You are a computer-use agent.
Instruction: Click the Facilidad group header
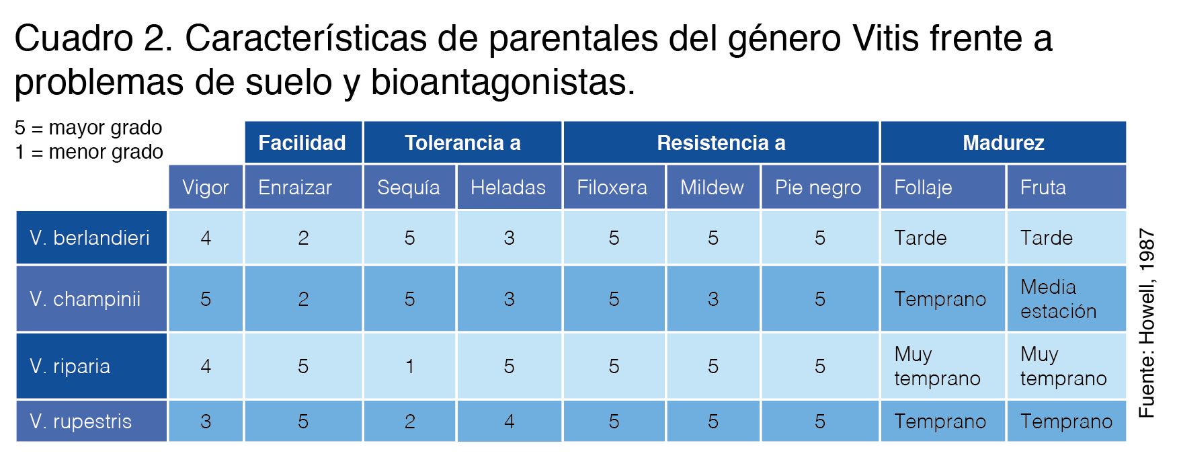pyautogui.click(x=303, y=143)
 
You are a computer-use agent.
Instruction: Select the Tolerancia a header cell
pyautogui.click(x=462, y=143)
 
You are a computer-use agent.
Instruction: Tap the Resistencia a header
pyautogui.click(x=721, y=143)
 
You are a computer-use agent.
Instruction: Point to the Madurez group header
pyautogui.click(x=1004, y=143)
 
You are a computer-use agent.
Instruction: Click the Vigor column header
pyautogui.click(x=206, y=187)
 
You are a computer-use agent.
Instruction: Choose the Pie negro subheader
pyautogui.click(x=820, y=187)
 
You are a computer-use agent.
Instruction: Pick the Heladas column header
pyautogui.click(x=509, y=187)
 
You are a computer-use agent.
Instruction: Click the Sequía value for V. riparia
pyautogui.click(x=409, y=366)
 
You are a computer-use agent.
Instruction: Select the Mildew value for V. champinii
pyautogui.click(x=713, y=299)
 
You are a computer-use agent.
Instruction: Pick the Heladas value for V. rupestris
pyautogui.click(x=509, y=421)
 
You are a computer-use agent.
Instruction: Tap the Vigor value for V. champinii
pyautogui.click(x=206, y=299)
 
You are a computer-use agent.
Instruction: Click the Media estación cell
pyautogui.click(x=1067, y=299)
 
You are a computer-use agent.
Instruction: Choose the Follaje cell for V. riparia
pyautogui.click(x=943, y=366)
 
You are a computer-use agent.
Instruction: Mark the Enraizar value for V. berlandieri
pyautogui.click(x=303, y=237)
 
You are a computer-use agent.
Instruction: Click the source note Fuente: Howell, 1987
pyautogui.click(x=1147, y=323)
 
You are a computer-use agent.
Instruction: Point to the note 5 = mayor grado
pyautogui.click(x=89, y=128)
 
